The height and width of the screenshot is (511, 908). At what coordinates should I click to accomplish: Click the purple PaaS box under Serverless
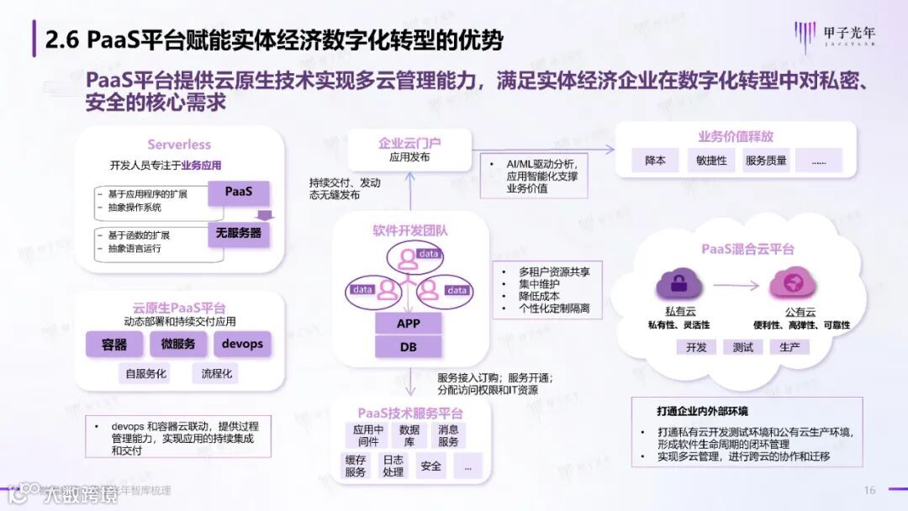(x=239, y=192)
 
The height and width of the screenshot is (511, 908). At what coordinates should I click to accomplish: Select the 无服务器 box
(x=239, y=233)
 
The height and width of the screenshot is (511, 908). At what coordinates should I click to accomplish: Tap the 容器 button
(x=114, y=344)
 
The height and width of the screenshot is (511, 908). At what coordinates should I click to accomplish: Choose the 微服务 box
(x=177, y=344)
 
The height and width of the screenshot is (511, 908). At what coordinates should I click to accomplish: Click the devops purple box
(x=242, y=344)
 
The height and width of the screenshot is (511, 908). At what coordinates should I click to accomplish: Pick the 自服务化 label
(x=146, y=373)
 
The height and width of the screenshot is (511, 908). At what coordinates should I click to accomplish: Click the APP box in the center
(x=408, y=324)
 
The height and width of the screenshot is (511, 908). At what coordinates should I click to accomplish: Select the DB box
(x=408, y=346)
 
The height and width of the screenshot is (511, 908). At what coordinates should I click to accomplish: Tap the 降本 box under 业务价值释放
(x=656, y=160)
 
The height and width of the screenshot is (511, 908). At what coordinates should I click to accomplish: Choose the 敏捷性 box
(x=711, y=160)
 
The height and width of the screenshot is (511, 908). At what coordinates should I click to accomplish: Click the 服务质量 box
(x=766, y=160)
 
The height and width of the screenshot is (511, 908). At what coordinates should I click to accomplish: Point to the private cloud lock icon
(x=676, y=284)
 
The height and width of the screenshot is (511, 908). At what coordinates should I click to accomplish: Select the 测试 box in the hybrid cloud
(x=742, y=347)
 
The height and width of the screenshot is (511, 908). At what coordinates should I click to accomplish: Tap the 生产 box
(x=789, y=347)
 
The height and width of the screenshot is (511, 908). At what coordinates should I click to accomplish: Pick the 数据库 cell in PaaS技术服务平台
(x=409, y=435)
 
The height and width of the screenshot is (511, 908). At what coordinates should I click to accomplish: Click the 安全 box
(x=431, y=465)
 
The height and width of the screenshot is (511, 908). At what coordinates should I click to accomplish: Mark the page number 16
(x=870, y=490)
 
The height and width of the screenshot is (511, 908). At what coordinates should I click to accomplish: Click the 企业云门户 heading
(x=410, y=143)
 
